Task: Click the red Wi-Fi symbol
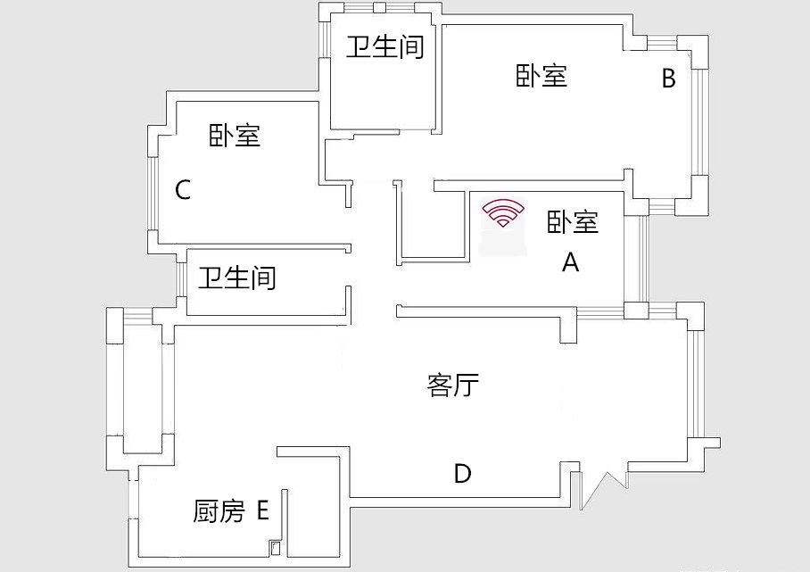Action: pos(503,213)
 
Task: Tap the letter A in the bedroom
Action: pos(570,262)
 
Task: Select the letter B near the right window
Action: pos(669,79)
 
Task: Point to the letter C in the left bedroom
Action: pos(183,190)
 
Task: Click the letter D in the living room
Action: pos(462,473)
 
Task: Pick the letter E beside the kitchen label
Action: pos(263,510)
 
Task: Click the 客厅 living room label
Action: pos(453,385)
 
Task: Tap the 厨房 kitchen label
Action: pos(219,511)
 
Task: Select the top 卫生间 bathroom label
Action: pos(385,46)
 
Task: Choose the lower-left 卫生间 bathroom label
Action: pos(237,278)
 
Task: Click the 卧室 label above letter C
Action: pos(235,136)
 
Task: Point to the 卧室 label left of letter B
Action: pos(541,76)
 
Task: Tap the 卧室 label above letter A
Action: pos(573,222)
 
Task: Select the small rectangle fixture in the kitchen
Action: pos(276,548)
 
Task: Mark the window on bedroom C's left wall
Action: pos(153,194)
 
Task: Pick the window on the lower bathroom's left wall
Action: pos(180,279)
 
